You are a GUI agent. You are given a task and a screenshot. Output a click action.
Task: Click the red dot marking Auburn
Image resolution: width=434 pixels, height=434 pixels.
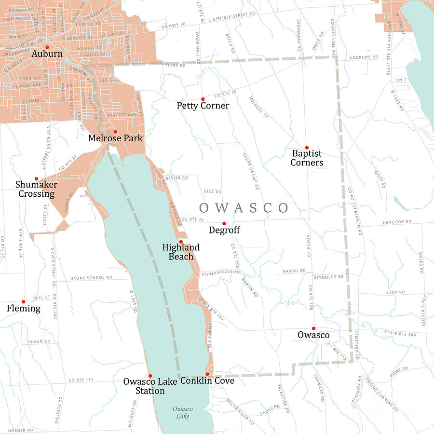(47, 47)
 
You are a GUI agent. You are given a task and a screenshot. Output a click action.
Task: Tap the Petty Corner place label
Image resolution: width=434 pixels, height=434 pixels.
(203, 106)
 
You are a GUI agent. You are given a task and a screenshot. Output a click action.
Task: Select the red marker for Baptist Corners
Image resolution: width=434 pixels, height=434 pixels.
(307, 148)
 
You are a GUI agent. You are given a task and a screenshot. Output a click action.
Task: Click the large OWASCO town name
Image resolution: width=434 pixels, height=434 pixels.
(244, 208)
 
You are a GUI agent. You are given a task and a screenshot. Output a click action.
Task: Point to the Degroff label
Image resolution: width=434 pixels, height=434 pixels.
(224, 231)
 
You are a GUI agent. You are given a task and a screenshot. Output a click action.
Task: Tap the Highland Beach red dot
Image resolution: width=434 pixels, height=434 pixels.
(181, 242)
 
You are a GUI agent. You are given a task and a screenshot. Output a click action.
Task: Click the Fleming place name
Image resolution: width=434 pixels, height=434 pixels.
(24, 308)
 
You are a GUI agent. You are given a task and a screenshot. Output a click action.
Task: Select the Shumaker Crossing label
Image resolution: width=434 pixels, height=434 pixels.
(36, 189)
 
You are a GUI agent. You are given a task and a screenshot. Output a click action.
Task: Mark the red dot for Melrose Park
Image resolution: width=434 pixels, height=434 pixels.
(115, 131)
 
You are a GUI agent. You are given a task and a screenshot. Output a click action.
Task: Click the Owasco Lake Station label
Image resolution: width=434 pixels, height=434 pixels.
(150, 386)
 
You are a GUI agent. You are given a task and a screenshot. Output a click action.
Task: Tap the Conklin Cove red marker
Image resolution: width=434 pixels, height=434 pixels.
(207, 374)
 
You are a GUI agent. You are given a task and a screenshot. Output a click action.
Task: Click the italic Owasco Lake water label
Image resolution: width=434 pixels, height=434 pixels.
(183, 413)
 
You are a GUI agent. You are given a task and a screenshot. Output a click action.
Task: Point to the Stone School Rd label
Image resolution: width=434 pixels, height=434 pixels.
(91, 278)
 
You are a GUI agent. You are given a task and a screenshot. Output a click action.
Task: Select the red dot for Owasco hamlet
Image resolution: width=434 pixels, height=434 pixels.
(313, 328)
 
